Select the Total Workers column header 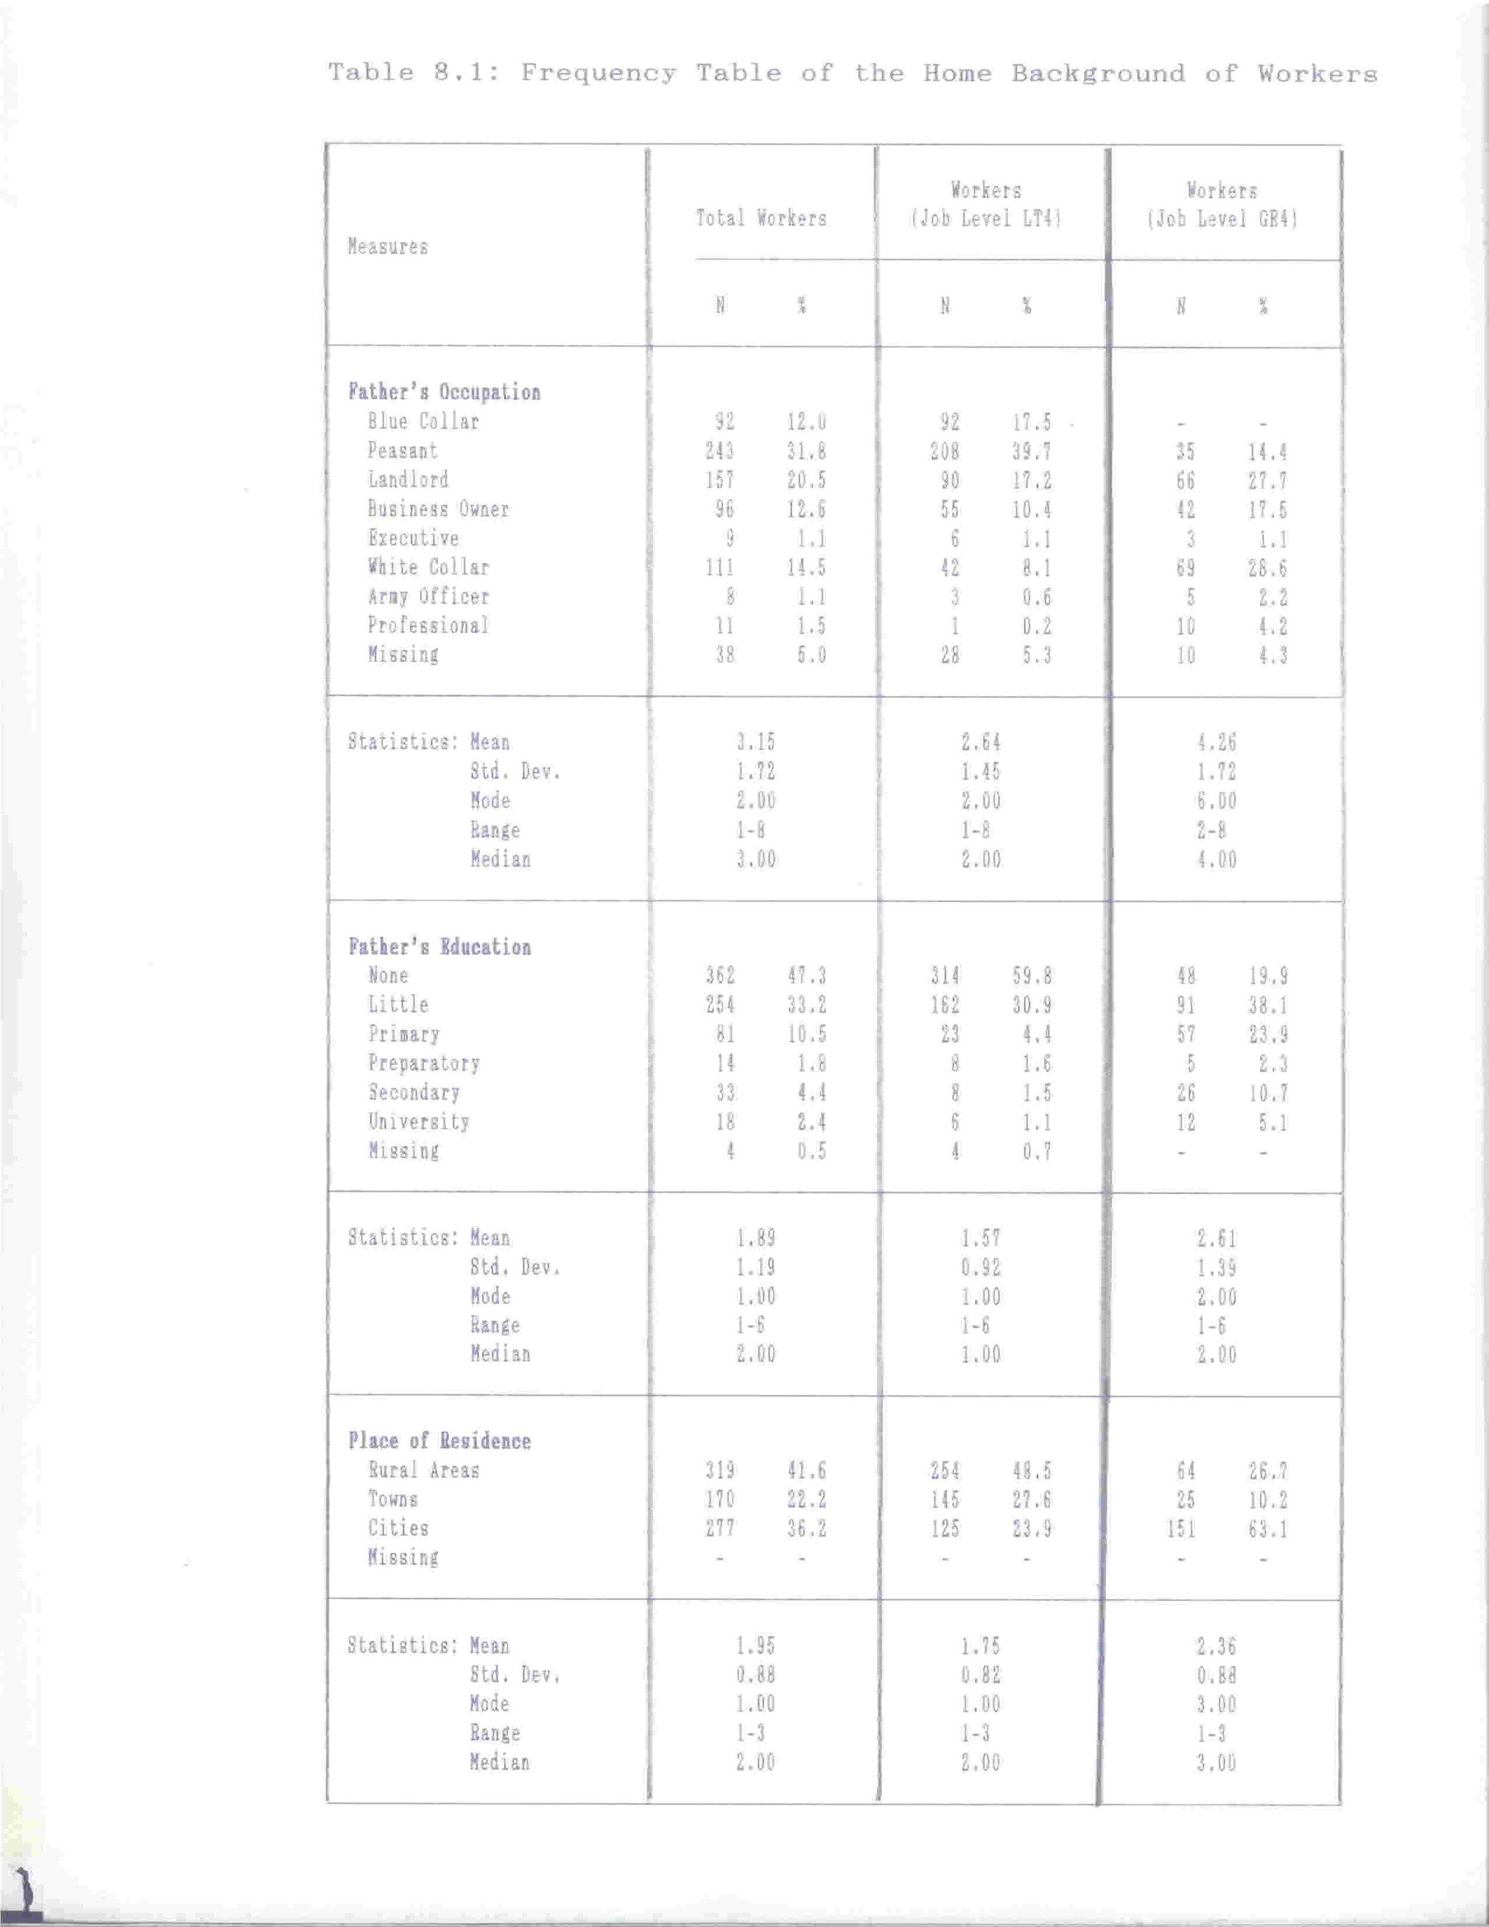tap(761, 218)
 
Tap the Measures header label tap(388, 247)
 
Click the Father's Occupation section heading tap(444, 392)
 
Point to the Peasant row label tap(403, 451)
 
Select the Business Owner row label tap(439, 509)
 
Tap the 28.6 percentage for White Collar tap(1268, 568)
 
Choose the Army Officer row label tap(429, 596)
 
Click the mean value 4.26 tap(1216, 743)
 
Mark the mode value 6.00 tap(1216, 801)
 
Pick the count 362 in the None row tap(721, 976)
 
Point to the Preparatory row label tap(425, 1063)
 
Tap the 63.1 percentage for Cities tap(1268, 1529)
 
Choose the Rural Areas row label tap(425, 1471)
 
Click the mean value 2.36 tap(1216, 1647)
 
